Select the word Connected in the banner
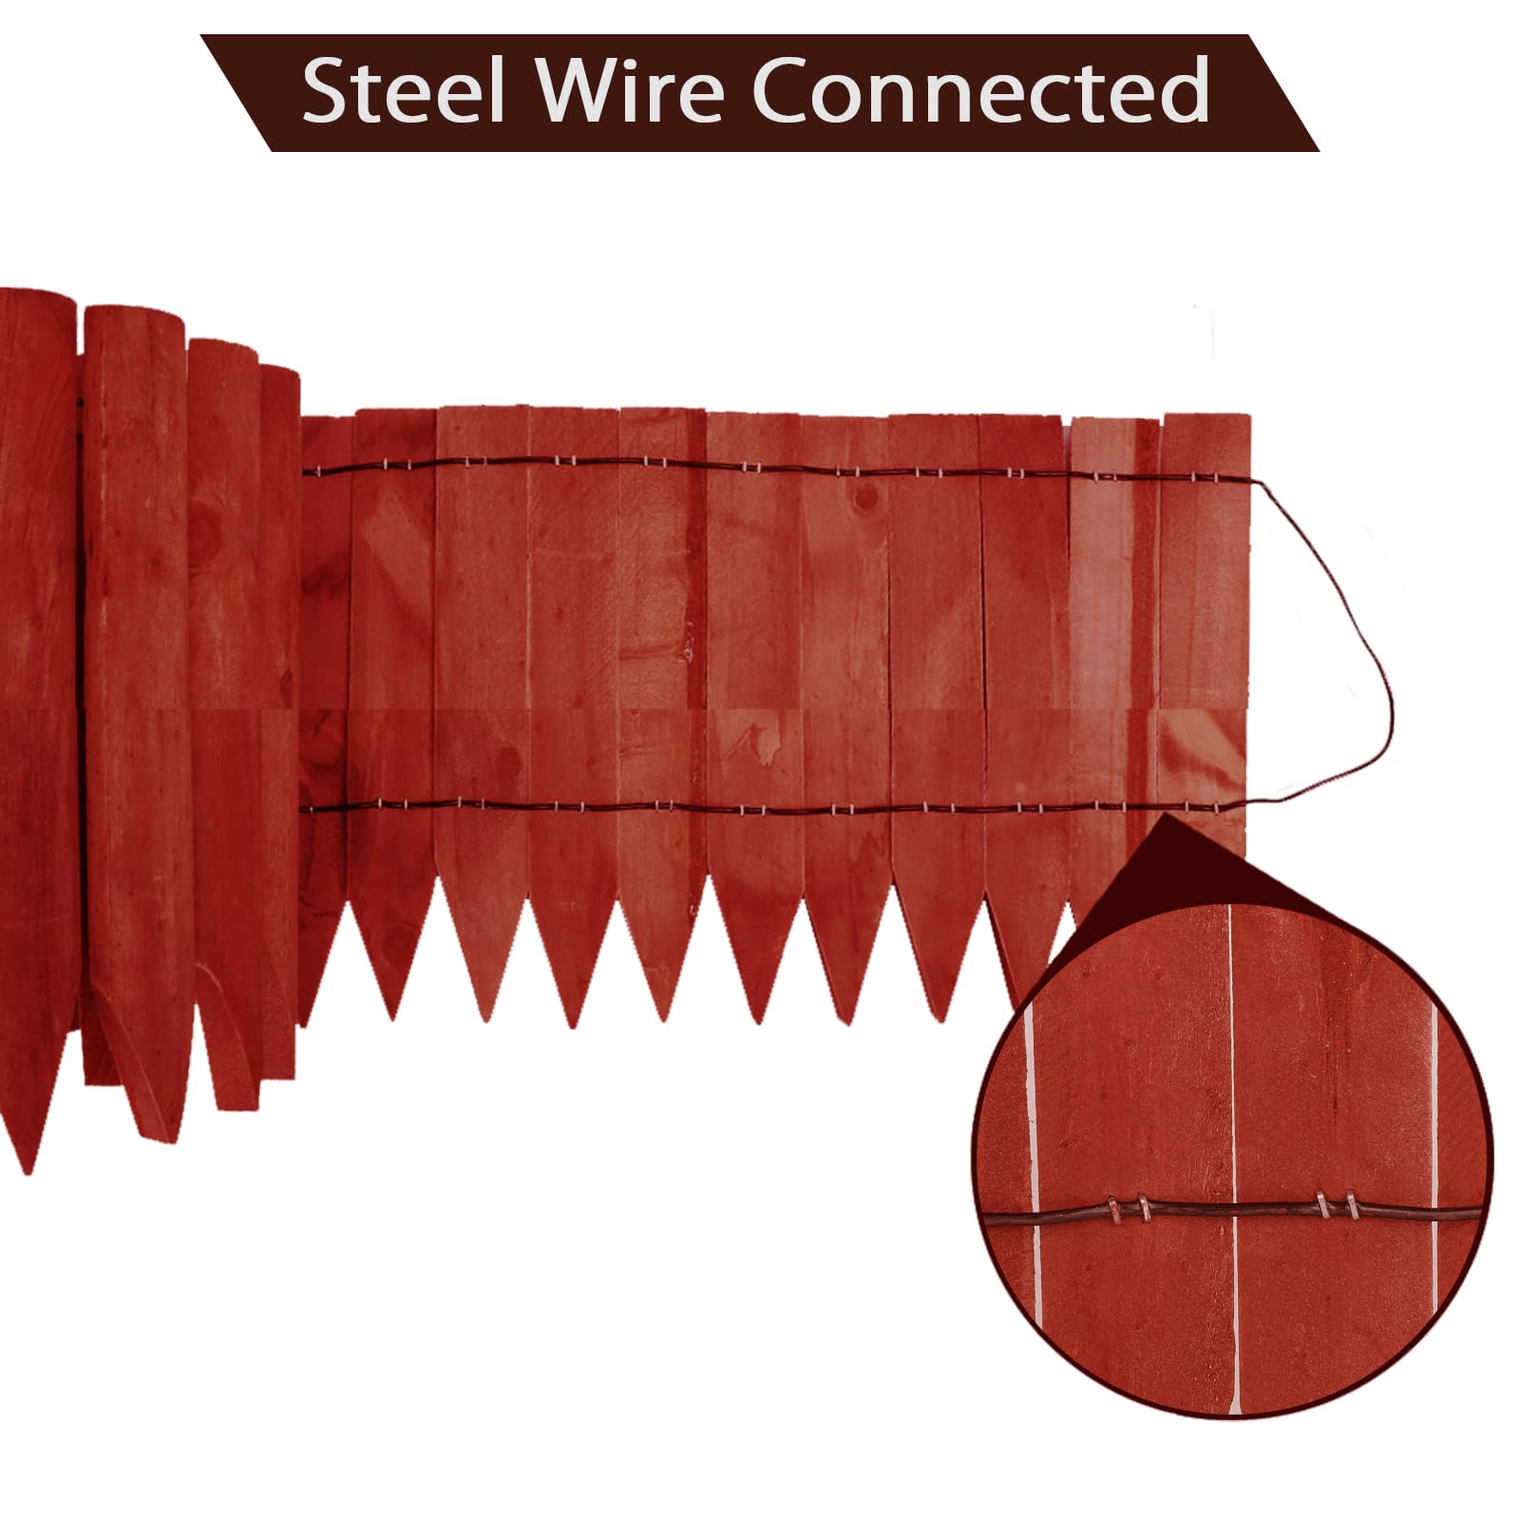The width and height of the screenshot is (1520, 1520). pyautogui.click(x=981, y=90)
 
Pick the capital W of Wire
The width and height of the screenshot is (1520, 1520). pyautogui.click(x=580, y=91)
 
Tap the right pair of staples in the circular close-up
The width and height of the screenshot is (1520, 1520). pyautogui.click(x=1338, y=1207)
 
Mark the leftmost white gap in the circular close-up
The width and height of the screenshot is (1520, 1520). pyautogui.click(x=1034, y=1159)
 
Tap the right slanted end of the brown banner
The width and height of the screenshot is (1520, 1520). pyautogui.click(x=1282, y=92)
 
